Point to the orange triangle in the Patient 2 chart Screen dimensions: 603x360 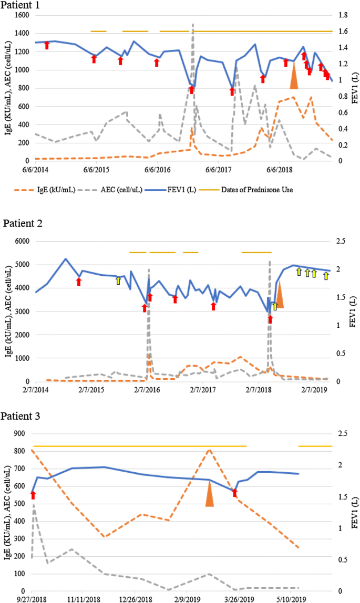[280, 296]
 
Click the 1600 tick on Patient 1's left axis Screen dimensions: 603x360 [21, 15]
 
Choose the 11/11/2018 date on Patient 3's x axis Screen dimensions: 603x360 [83, 599]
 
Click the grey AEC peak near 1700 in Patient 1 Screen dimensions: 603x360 [193, 25]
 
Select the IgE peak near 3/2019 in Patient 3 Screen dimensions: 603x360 [209, 450]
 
